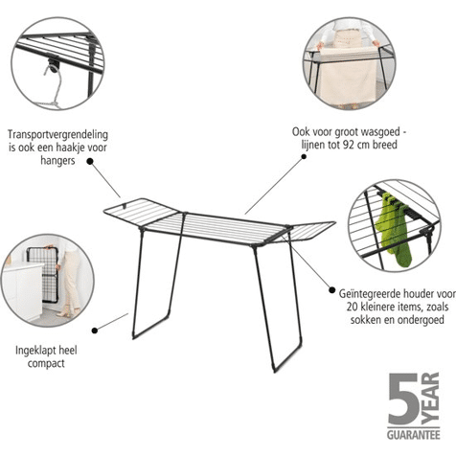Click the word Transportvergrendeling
point(57,135)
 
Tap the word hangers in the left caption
point(57,160)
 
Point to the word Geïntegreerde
point(370,294)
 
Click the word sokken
point(366,319)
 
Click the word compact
point(46,364)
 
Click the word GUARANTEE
point(414,435)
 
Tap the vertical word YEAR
point(430,399)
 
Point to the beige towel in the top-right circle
point(349,74)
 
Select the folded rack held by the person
point(42,275)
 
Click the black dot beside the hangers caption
point(90,162)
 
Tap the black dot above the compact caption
point(95,331)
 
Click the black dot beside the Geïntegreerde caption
point(332,290)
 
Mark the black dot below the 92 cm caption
point(304,156)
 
